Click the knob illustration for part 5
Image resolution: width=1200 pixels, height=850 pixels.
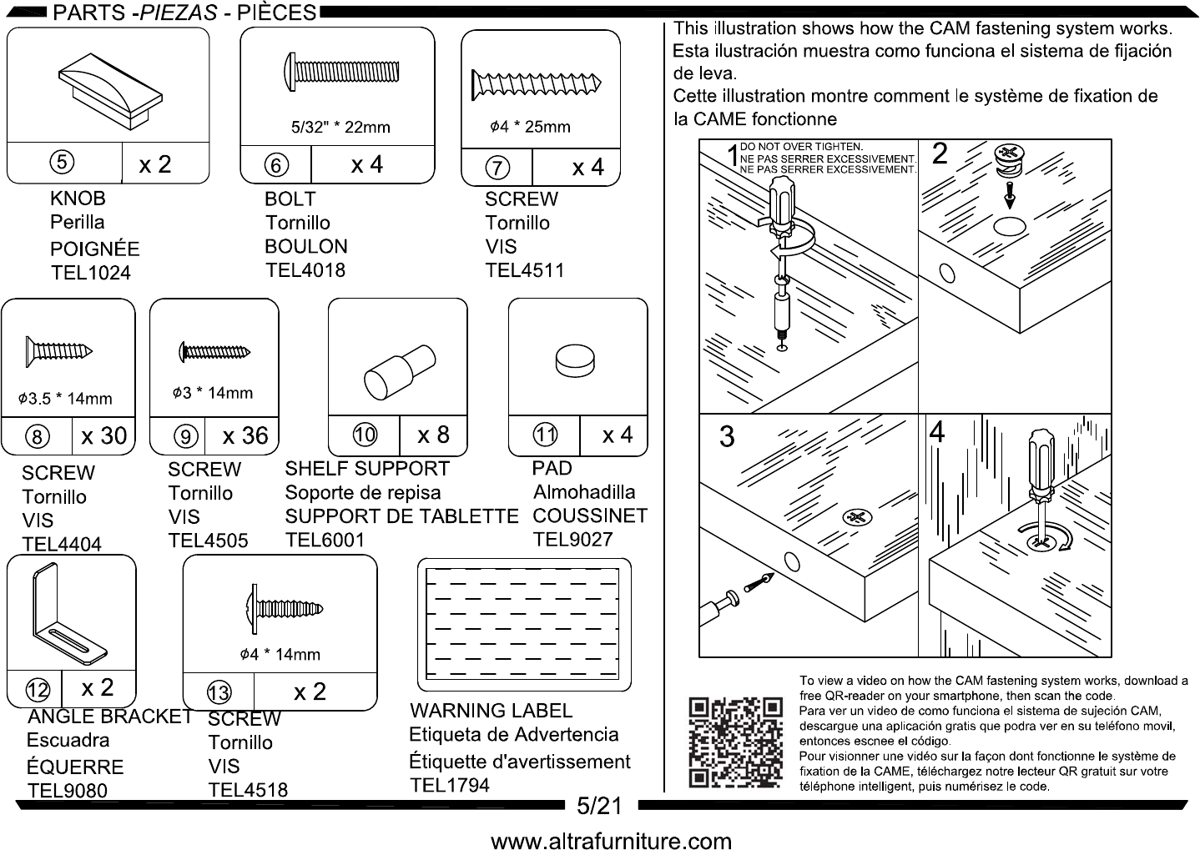tap(110, 91)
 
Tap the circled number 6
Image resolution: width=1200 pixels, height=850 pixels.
tap(276, 165)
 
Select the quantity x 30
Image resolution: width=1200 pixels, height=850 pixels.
tap(104, 436)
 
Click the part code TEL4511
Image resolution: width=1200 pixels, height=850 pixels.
tap(524, 270)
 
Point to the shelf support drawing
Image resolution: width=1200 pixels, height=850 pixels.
tap(400, 372)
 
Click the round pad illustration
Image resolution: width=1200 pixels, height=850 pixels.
tap(575, 361)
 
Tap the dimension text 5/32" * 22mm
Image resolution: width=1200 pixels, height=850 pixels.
tap(340, 127)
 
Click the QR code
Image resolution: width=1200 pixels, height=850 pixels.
tap(735, 743)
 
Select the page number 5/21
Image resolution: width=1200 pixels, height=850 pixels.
tap(599, 806)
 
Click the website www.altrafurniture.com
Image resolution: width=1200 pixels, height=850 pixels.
tap(611, 840)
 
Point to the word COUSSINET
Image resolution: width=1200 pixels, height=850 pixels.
tap(590, 516)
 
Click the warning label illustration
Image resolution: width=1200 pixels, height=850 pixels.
tap(523, 625)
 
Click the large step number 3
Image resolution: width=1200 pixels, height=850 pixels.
tap(727, 436)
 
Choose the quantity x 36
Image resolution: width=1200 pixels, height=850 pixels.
tap(245, 436)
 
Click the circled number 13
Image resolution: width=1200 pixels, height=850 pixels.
tap(219, 693)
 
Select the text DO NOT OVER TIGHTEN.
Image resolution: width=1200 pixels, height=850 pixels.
tap(801, 147)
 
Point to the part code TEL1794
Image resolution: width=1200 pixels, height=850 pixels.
tap(450, 785)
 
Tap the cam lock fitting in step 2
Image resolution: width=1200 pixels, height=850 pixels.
tap(1009, 161)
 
